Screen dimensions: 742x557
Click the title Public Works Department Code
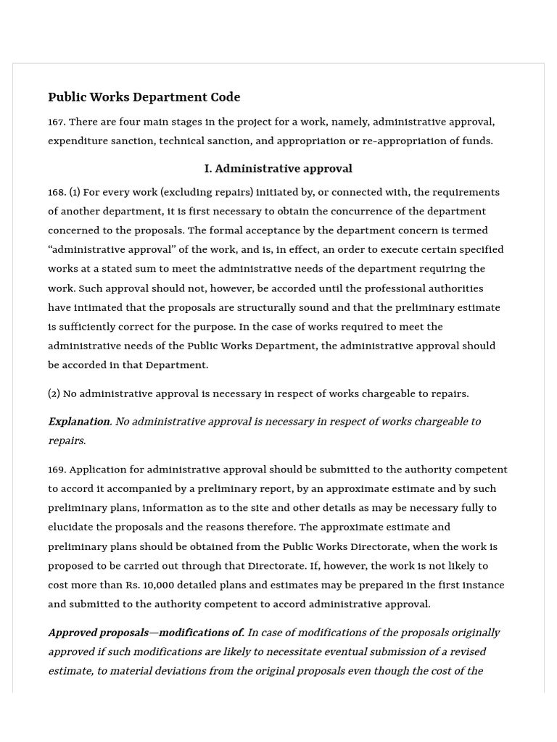point(144,97)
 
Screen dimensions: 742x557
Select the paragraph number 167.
point(57,122)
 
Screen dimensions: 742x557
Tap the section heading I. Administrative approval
point(278,168)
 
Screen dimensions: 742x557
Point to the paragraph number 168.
point(57,192)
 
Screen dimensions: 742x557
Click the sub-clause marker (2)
point(54,393)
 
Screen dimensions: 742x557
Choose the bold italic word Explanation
point(78,421)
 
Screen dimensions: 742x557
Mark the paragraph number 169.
point(57,470)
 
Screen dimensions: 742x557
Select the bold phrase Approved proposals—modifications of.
point(146,633)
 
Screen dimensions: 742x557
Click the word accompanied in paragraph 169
point(121,488)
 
